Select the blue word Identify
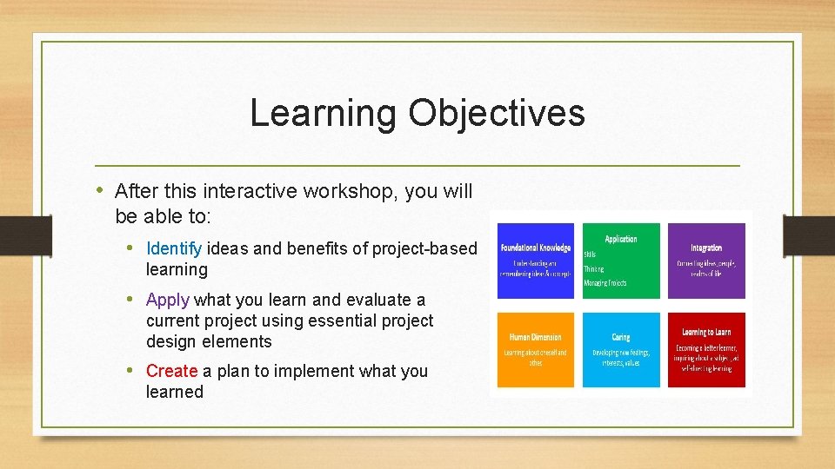[x=174, y=249]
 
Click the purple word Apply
[x=168, y=300]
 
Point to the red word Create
[x=171, y=371]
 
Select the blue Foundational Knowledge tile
[x=535, y=261]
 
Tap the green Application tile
[x=621, y=261]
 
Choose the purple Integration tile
[x=706, y=261]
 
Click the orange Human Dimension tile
[x=535, y=349]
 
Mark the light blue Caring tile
[x=621, y=349]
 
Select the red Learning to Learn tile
[x=706, y=349]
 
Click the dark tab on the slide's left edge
[x=14, y=234]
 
